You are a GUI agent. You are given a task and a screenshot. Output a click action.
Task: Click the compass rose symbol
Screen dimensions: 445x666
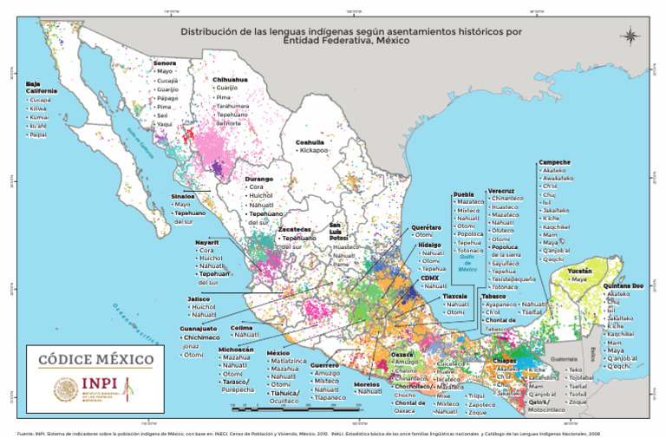631,36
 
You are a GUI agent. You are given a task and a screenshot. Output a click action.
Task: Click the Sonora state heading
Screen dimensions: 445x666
165,62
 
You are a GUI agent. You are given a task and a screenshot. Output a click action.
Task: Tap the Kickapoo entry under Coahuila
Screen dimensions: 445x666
314,150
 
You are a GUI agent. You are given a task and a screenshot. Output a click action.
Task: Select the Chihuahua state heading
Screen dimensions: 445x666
230,79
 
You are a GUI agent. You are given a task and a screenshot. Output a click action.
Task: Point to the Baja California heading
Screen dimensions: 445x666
41,87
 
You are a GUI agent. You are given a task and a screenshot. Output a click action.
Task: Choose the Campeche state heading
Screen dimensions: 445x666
554,162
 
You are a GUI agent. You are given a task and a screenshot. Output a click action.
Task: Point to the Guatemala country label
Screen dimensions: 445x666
565,359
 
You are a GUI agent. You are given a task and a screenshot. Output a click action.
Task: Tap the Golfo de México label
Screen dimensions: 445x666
467,263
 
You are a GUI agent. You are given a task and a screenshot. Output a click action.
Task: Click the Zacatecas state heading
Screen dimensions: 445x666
294,230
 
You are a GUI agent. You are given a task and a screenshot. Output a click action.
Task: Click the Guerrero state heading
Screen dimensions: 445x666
324,365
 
